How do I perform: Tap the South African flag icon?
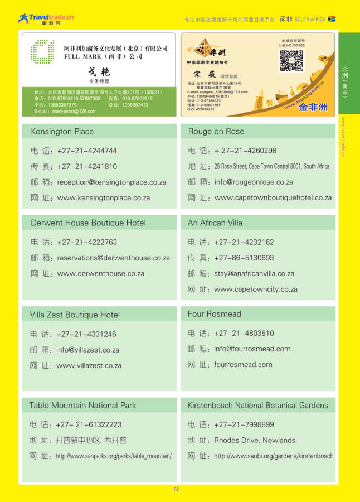pos(332,19)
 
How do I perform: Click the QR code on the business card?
pos(291,61)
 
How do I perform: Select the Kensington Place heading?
pos(62,132)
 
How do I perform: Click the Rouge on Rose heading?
pos(216,132)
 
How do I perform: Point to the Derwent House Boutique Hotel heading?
pos(88,223)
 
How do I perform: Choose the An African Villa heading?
pos(215,223)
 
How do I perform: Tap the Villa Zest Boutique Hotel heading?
pos(75,315)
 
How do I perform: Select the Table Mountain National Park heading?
pos(82,406)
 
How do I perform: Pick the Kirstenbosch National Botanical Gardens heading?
pos(258,406)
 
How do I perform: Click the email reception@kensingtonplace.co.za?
pos(111,182)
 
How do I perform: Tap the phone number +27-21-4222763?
pos(87,243)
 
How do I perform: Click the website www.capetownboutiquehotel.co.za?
pos(273,198)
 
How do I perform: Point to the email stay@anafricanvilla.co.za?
pos(254,274)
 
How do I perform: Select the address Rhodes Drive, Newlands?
pos(255,441)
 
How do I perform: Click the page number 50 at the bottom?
pos(177,490)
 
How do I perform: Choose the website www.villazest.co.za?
pos(89,366)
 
